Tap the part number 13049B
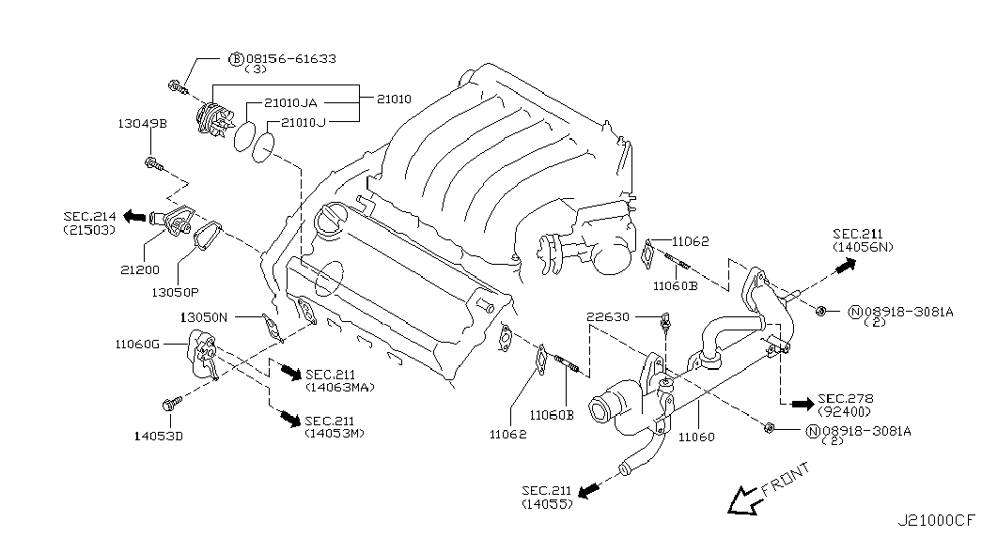142,123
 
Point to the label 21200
139,268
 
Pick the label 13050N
204,317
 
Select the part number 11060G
138,345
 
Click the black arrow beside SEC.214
134,217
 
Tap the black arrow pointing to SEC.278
801,404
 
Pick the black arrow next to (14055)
589,491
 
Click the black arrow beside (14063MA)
290,374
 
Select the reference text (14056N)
862,247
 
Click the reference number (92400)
843,411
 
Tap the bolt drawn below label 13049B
154,166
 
